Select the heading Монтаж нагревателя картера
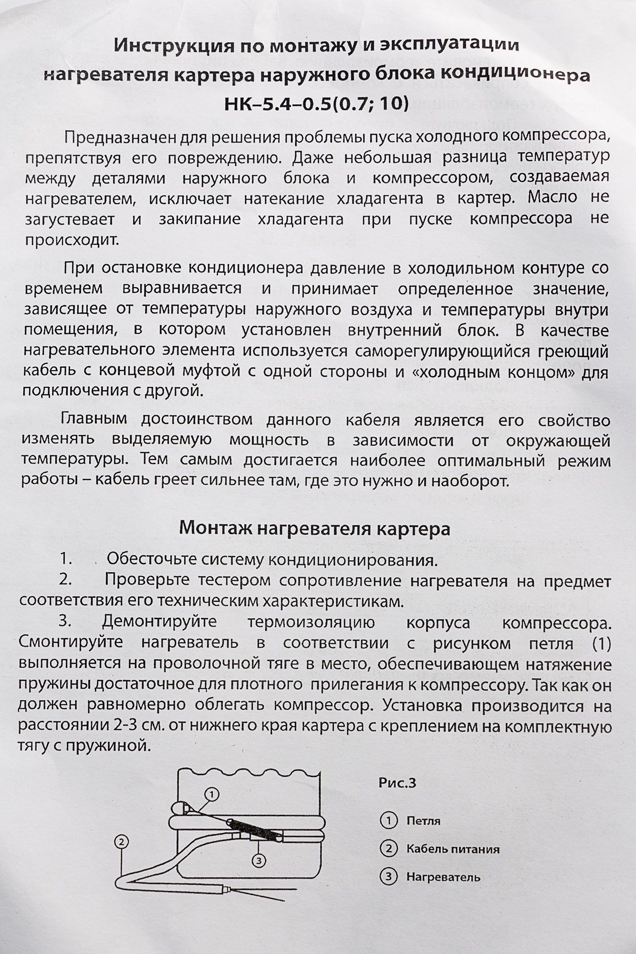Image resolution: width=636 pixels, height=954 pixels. [x=314, y=529]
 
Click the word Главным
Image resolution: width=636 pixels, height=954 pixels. [x=94, y=420]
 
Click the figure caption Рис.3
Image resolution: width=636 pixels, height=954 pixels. [x=397, y=783]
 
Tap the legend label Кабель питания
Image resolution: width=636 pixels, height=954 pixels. [x=453, y=849]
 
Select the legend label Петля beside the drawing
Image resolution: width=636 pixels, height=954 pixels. [x=423, y=821]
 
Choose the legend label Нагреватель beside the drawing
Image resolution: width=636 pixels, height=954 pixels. [x=443, y=877]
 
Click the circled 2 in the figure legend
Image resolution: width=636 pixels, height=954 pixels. [x=388, y=849]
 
